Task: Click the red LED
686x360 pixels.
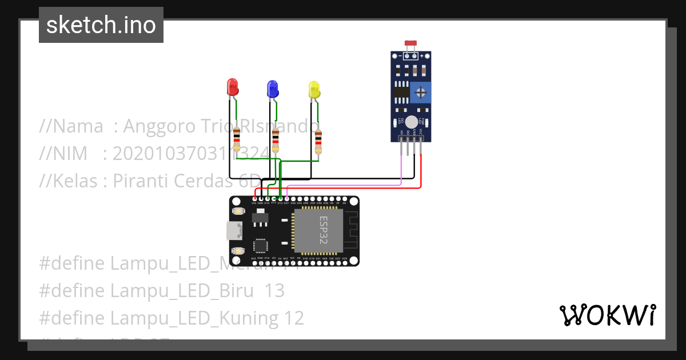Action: tap(233, 87)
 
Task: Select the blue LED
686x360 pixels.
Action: tap(272, 89)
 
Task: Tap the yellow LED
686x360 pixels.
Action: tap(314, 89)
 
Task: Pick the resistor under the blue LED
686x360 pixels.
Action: tap(276, 140)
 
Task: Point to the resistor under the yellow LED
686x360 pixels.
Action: tap(318, 142)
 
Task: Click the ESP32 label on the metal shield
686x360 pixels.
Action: tap(323, 230)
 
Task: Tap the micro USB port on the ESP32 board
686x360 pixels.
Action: tap(234, 231)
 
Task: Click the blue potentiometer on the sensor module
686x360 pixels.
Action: tap(421, 91)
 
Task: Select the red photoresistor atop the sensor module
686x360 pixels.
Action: tap(410, 43)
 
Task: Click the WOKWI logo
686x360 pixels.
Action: tap(607, 315)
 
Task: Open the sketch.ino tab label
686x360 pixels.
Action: tap(101, 25)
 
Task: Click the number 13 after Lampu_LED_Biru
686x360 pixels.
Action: tap(274, 291)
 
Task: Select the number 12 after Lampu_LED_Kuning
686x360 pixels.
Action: tap(294, 318)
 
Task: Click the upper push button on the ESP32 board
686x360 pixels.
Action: tap(238, 211)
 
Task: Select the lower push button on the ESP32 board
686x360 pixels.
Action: tap(238, 251)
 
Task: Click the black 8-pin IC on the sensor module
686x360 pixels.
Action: tap(401, 91)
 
